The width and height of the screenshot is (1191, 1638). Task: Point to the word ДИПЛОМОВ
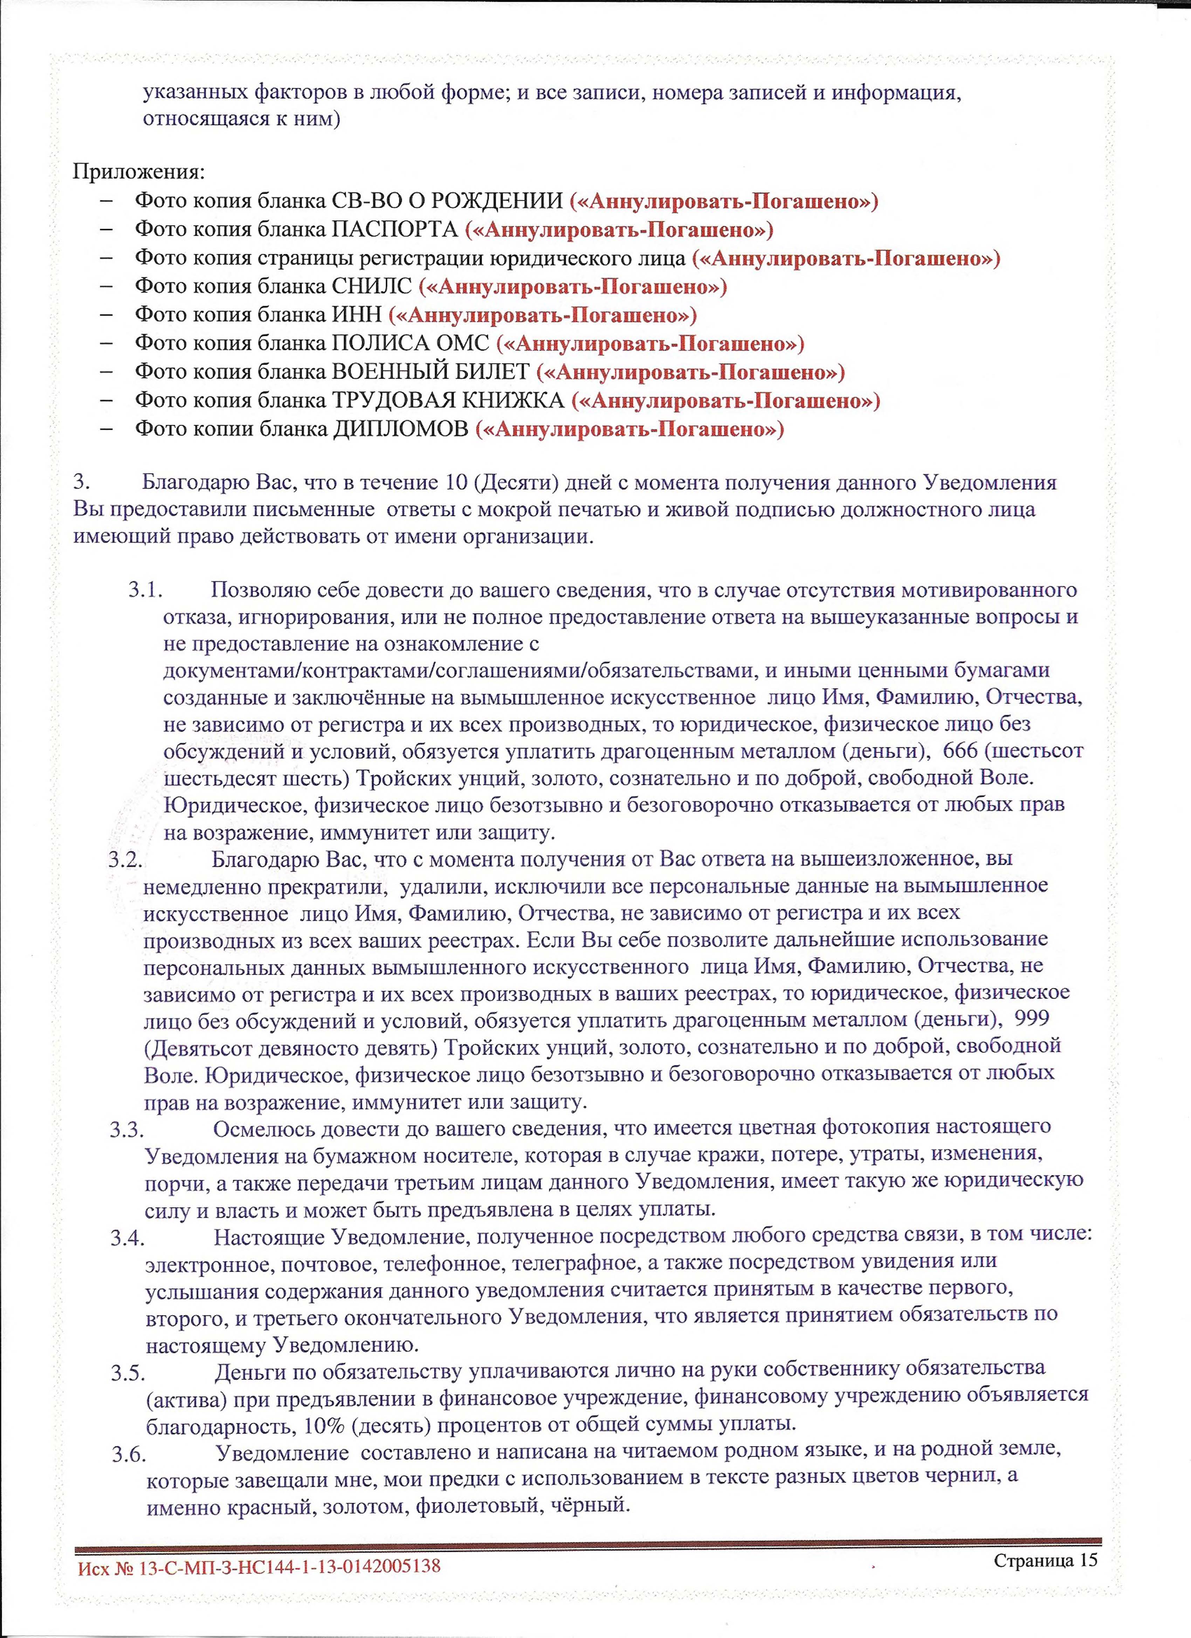point(400,429)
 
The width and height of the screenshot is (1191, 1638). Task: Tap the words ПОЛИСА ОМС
point(409,343)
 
